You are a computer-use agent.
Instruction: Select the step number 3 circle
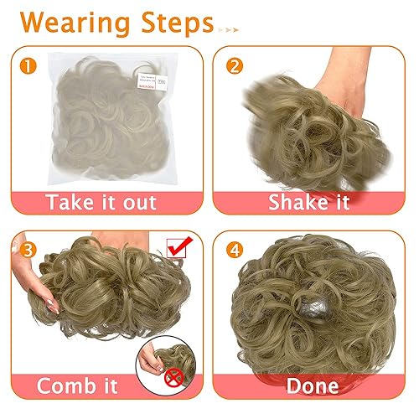[28, 248]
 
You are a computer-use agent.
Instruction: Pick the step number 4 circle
[235, 248]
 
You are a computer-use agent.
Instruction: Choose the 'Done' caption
[313, 386]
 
